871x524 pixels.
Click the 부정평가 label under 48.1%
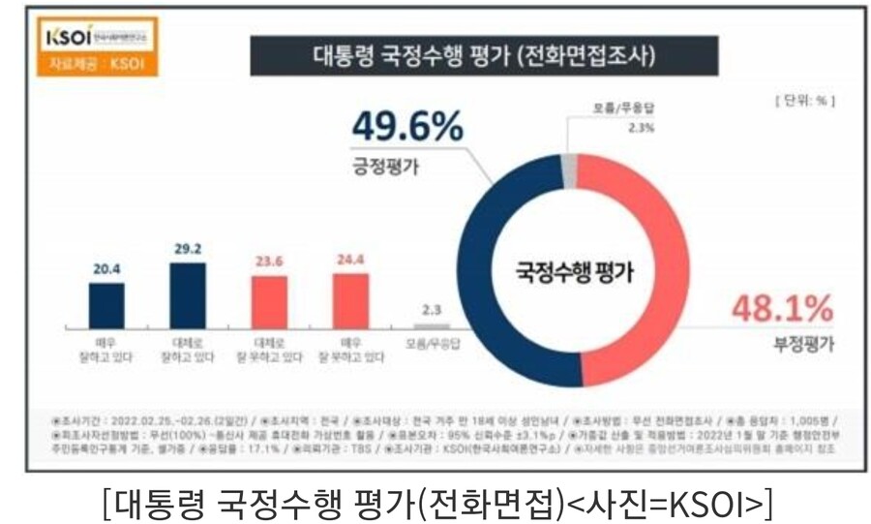click(802, 342)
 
